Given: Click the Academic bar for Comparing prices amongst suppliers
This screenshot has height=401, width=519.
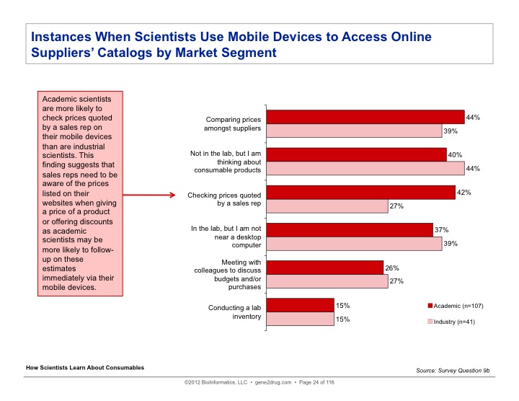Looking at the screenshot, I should (x=365, y=117).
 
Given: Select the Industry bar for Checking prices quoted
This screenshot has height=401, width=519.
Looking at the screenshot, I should (x=327, y=206).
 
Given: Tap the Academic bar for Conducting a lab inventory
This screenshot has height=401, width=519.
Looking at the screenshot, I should (x=301, y=305).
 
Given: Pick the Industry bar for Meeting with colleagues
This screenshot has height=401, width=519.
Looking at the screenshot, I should (x=327, y=281).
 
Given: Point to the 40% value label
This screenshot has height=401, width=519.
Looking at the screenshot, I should (x=455, y=154).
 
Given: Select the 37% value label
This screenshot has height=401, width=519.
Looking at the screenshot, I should (x=441, y=229).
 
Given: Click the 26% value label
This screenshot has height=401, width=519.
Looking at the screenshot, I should (x=391, y=268).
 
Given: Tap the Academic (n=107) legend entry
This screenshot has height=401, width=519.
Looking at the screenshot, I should (x=458, y=306).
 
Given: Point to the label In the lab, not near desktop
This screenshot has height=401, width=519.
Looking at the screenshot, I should (x=223, y=236).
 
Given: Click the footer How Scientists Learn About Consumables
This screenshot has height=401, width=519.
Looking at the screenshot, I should (x=85, y=368).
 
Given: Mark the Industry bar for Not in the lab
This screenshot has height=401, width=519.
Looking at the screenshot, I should (x=365, y=168).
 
